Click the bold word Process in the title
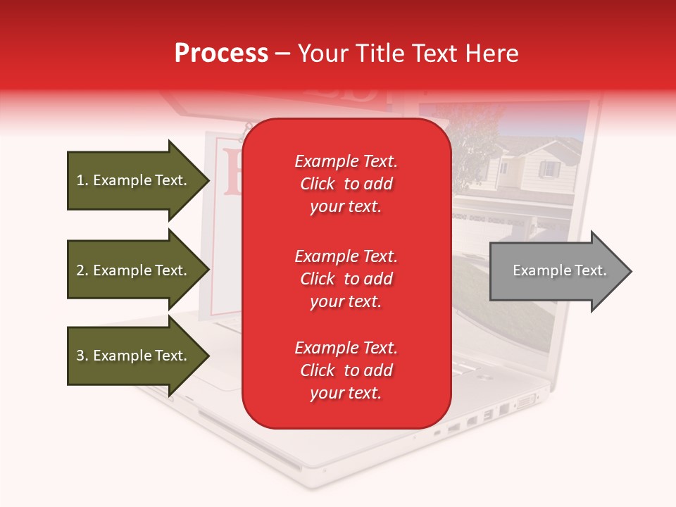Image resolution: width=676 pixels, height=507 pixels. (221, 54)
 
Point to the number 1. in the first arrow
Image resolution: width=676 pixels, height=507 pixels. (82, 180)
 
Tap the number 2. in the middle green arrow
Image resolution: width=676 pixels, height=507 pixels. (82, 270)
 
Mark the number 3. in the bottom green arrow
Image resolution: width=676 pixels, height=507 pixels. (82, 356)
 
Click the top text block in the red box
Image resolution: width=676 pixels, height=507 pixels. (346, 184)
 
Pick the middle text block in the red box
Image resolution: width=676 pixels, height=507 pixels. (346, 279)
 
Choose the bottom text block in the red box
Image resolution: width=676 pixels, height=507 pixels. (346, 370)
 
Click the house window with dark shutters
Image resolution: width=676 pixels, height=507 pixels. (549, 169)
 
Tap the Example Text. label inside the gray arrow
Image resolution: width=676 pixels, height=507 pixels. (560, 270)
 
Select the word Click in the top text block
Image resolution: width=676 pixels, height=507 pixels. (317, 184)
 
